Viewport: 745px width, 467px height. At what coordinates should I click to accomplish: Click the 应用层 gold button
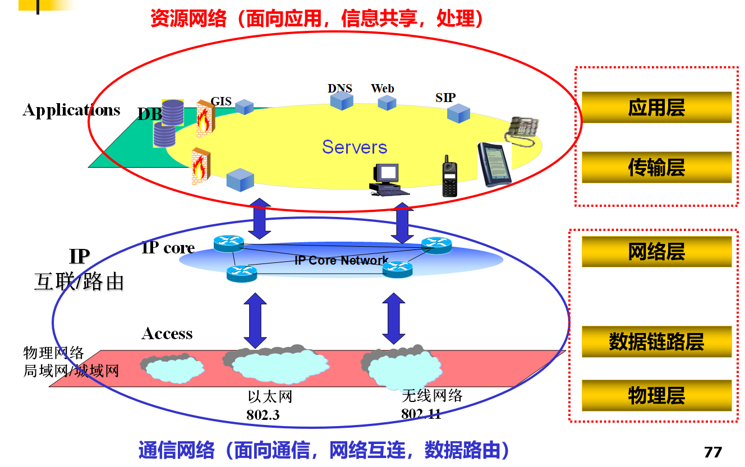pyautogui.click(x=656, y=107)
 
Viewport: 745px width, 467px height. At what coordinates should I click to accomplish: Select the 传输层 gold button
pyautogui.click(x=656, y=167)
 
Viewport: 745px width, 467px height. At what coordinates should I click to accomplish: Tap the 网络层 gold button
pyautogui.click(x=656, y=252)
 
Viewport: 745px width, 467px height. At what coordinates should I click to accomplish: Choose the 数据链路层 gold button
pyautogui.click(x=656, y=341)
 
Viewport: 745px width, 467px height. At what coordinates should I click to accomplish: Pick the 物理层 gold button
pyautogui.click(x=656, y=395)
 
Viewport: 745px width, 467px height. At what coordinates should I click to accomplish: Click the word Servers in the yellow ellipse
pyautogui.click(x=355, y=147)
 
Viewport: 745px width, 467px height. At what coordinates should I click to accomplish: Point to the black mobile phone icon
pyautogui.click(x=449, y=177)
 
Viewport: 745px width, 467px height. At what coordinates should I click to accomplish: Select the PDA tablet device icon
pyautogui.click(x=495, y=164)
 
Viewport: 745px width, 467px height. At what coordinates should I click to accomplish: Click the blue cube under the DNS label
pyautogui.click(x=341, y=101)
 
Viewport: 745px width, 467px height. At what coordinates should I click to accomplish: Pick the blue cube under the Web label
pyautogui.click(x=387, y=103)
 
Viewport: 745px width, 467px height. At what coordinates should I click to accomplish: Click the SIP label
pyautogui.click(x=445, y=98)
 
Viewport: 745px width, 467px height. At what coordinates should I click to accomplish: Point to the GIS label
pyautogui.click(x=221, y=101)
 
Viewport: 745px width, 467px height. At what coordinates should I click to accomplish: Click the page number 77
pyautogui.click(x=712, y=452)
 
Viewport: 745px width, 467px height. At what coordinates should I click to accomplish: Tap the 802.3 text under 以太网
pyautogui.click(x=263, y=415)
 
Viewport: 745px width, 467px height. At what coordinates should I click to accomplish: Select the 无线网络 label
pyautogui.click(x=432, y=396)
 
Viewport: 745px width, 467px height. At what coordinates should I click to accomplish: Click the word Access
pyautogui.click(x=167, y=334)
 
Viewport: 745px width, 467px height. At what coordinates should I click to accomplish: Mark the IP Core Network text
pyautogui.click(x=341, y=261)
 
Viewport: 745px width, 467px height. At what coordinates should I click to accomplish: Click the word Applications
pyautogui.click(x=71, y=110)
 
